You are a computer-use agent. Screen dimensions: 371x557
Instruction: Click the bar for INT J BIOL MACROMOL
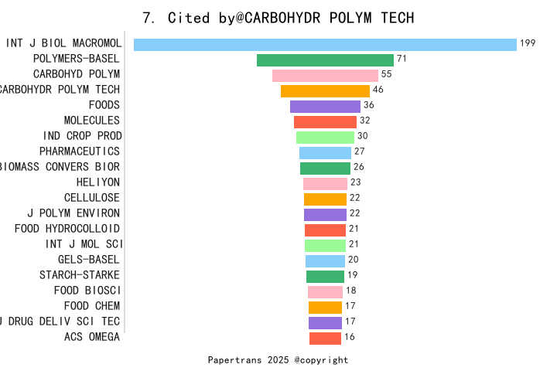tap(325, 45)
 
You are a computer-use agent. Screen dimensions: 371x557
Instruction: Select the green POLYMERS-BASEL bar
tap(325, 60)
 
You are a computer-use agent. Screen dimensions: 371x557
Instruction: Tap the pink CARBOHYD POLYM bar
tap(325, 76)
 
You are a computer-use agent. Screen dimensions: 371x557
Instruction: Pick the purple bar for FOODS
tap(325, 107)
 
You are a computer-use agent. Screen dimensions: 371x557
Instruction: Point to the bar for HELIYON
tap(325, 184)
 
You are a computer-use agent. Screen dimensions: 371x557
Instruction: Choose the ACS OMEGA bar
tap(325, 339)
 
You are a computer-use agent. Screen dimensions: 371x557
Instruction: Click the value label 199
tap(528, 43)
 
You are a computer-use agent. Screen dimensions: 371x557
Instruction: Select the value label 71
tap(402, 59)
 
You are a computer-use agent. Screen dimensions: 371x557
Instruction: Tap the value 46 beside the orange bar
tap(378, 90)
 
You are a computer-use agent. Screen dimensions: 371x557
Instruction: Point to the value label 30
tap(362, 136)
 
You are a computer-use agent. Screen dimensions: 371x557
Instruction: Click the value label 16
tap(350, 337)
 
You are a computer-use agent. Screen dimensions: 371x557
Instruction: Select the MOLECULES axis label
tap(92, 121)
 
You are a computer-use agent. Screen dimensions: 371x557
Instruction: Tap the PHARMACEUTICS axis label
tap(80, 151)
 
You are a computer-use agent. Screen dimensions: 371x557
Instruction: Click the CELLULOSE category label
tap(92, 198)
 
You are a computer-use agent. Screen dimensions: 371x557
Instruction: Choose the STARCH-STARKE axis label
tap(80, 275)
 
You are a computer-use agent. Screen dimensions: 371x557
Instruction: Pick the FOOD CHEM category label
tap(92, 306)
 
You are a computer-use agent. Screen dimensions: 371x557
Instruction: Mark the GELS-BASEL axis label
tap(89, 260)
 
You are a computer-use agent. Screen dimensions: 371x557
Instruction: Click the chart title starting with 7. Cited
tap(278, 18)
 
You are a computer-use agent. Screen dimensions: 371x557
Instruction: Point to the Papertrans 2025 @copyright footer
tap(278, 360)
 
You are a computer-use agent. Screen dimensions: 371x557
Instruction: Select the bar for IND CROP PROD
tap(325, 138)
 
